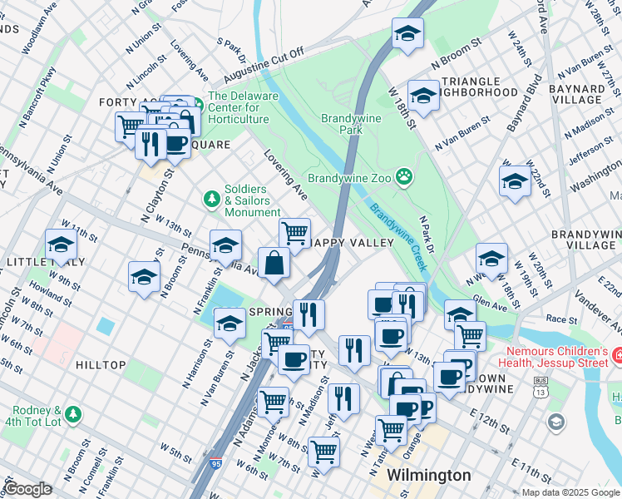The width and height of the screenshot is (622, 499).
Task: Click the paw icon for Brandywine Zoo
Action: [x=404, y=175]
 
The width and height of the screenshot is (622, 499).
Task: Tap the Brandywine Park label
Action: [x=352, y=125]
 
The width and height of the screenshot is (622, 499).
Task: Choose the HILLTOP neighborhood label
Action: [x=101, y=365]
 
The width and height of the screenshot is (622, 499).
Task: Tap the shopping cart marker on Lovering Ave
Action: [x=294, y=233]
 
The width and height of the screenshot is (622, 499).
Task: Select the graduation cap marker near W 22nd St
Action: [x=515, y=180]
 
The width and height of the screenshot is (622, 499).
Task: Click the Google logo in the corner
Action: [x=29, y=489]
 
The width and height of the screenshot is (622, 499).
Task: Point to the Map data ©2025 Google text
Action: [x=570, y=492]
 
